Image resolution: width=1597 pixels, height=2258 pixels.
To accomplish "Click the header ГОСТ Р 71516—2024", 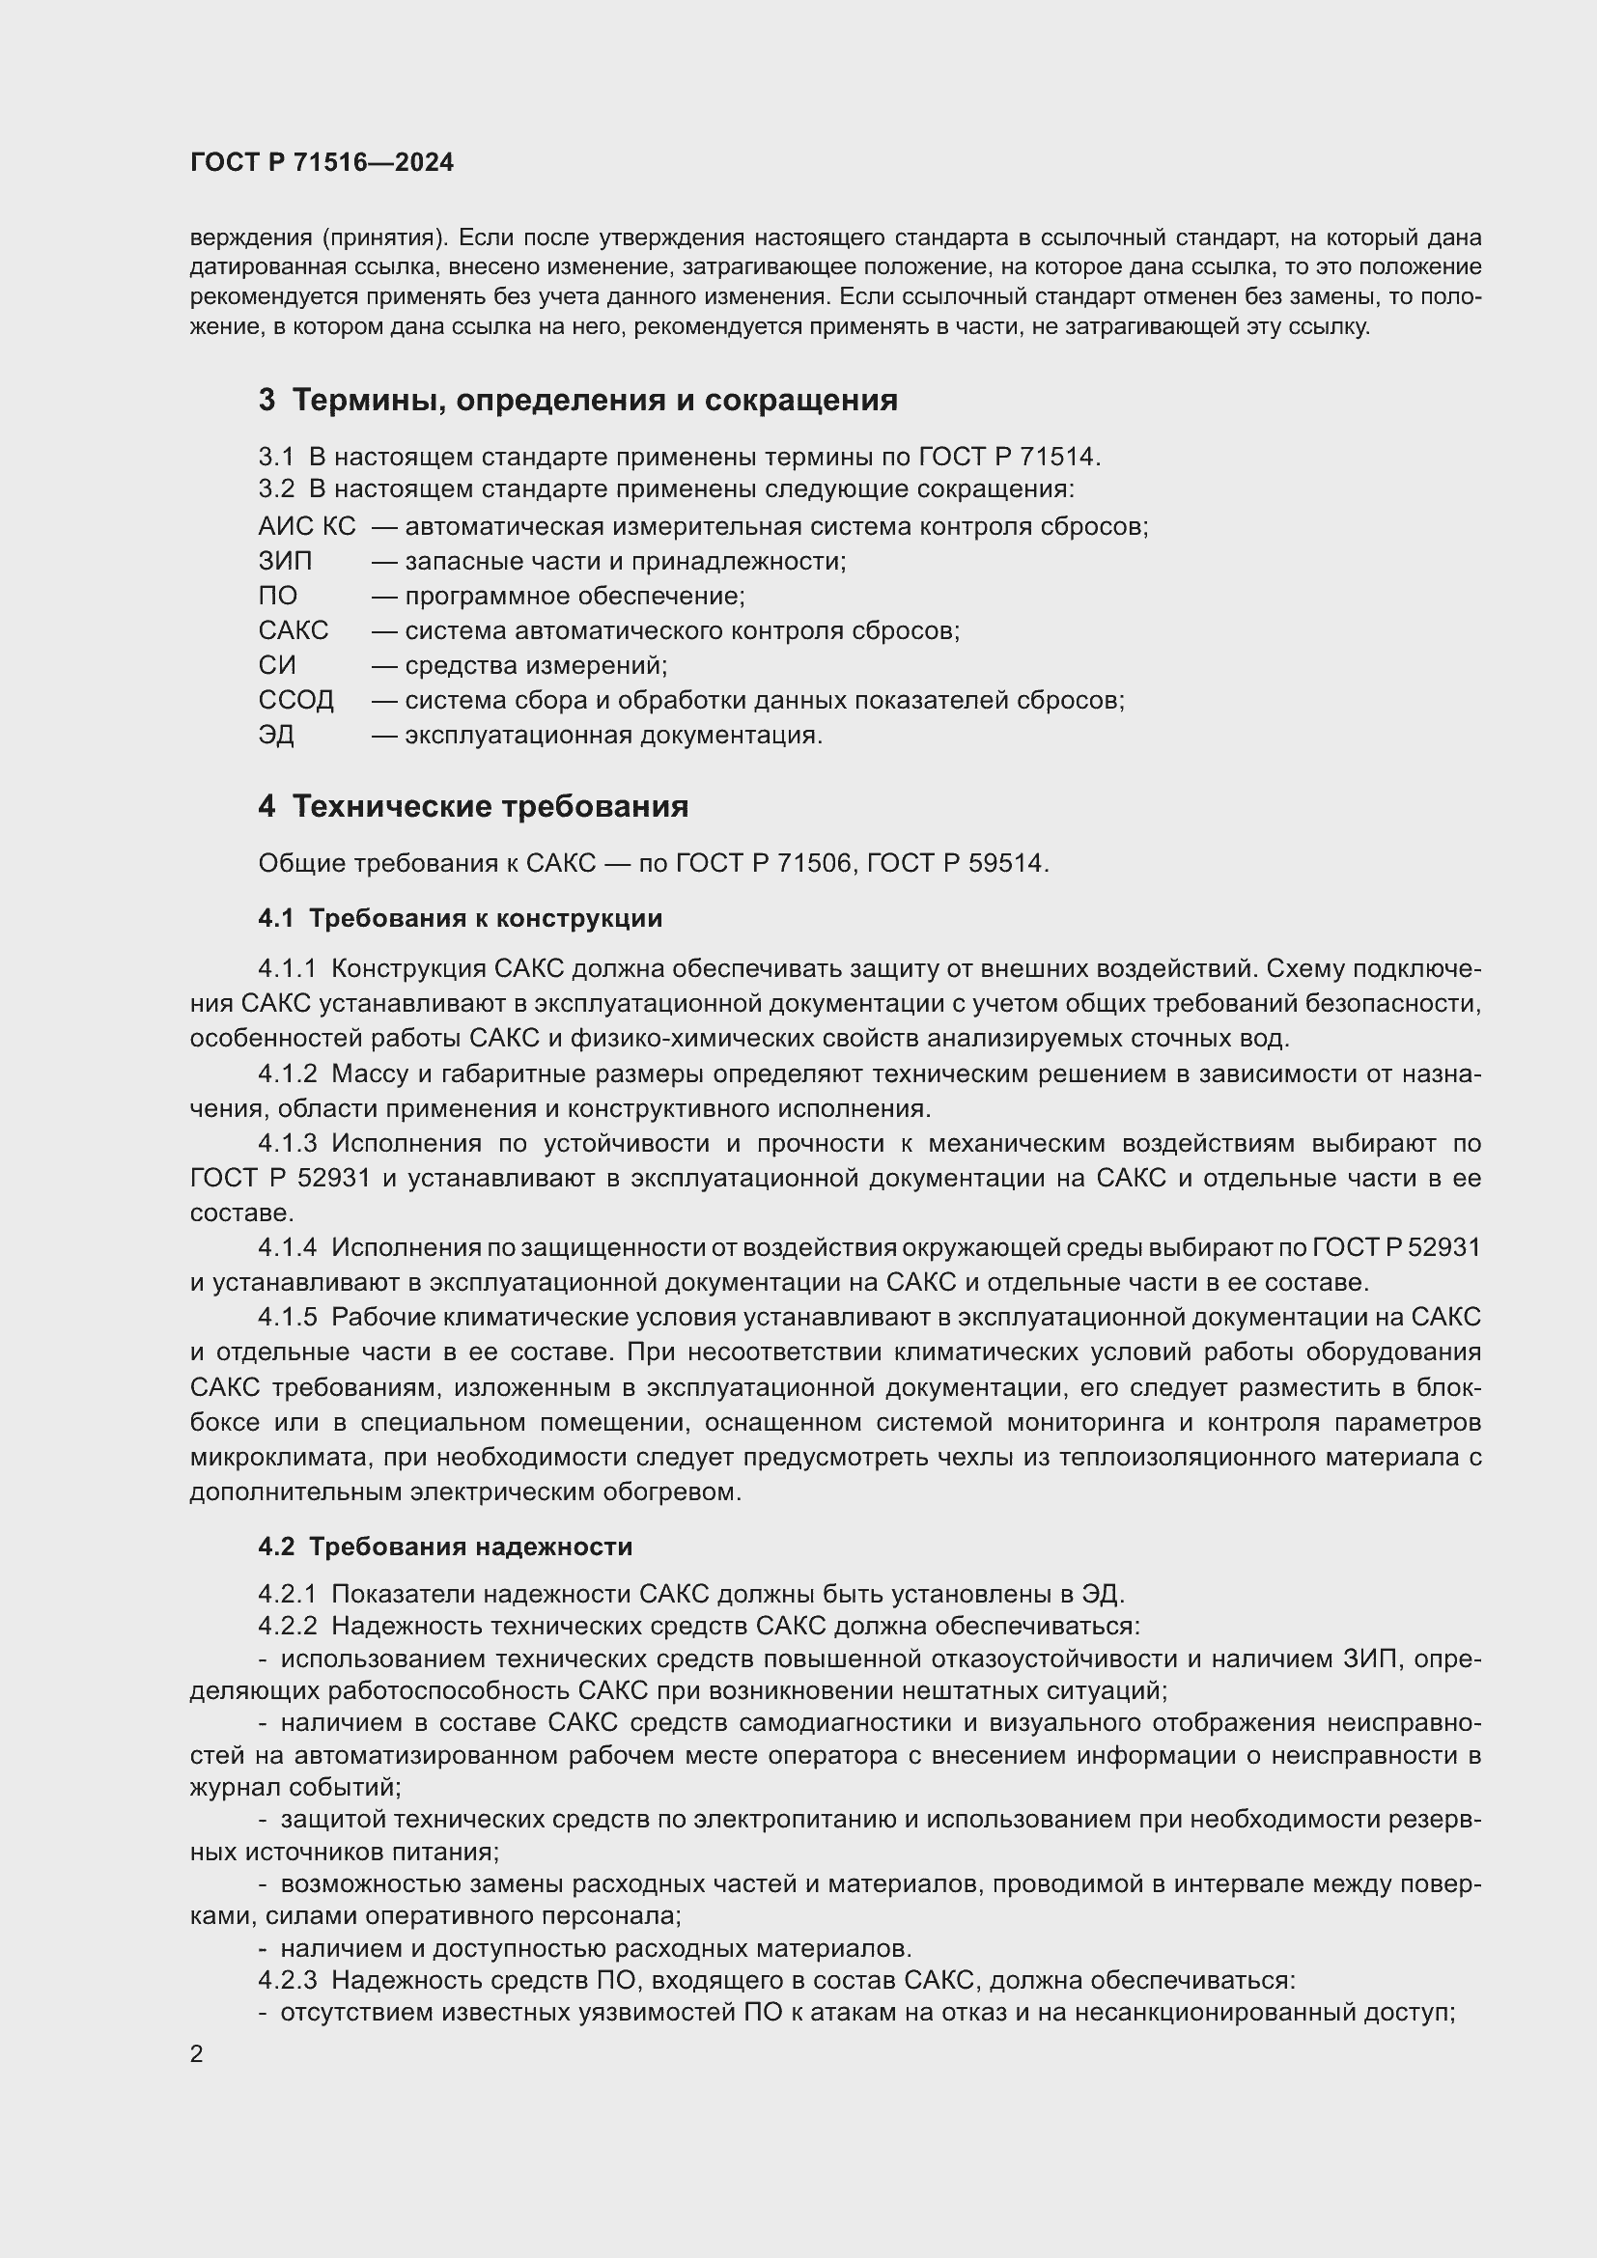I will [x=322, y=163].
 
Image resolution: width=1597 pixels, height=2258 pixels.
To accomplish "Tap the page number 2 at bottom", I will [x=197, y=2053].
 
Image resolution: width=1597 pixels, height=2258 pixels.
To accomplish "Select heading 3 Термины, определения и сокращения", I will [x=578, y=401].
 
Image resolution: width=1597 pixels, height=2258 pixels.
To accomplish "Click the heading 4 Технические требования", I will [x=473, y=806].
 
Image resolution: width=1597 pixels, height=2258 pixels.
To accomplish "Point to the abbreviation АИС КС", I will [x=307, y=527].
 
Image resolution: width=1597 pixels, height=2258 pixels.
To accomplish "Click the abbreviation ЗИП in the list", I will [x=285, y=562].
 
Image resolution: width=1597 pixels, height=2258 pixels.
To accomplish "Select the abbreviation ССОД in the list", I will [x=296, y=700].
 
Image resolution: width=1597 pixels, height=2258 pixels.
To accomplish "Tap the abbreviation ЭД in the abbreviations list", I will [x=276, y=736].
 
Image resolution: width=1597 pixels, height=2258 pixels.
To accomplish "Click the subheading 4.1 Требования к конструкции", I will [x=461, y=918].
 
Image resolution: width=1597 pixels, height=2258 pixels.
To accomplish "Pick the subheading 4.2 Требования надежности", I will [x=445, y=1547].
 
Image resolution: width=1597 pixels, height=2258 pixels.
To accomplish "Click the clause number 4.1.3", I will [x=287, y=1144].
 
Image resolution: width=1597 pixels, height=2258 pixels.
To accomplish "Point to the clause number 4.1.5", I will [x=287, y=1318].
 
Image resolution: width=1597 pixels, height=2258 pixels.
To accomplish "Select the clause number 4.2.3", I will [x=287, y=1981].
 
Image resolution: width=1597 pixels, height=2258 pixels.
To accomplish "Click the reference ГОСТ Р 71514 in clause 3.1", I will [x=1009, y=458].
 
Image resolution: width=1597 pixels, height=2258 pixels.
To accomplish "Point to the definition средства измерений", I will [x=535, y=666].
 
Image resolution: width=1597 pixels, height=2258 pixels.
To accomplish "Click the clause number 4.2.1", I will [x=287, y=1594].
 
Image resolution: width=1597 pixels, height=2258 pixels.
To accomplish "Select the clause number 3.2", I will [x=276, y=488].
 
